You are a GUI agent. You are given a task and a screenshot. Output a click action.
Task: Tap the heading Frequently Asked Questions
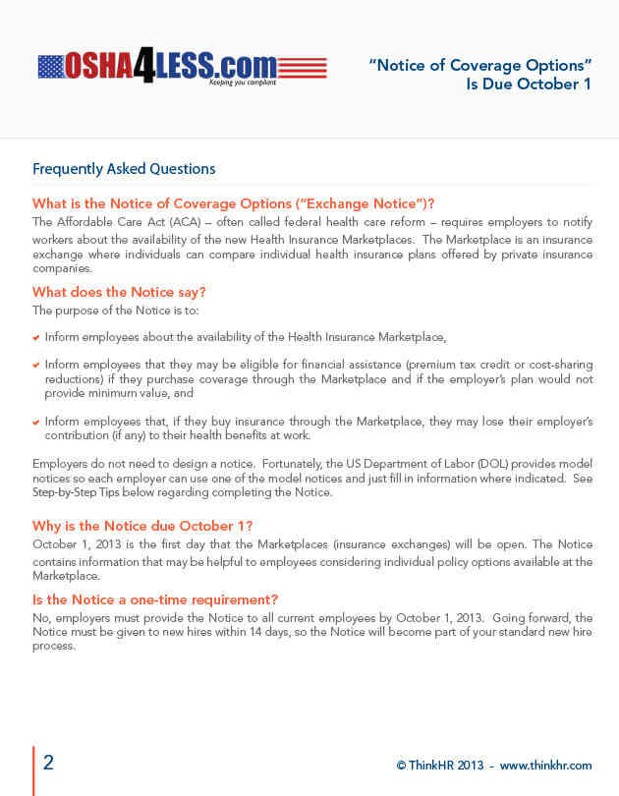pyautogui.click(x=124, y=169)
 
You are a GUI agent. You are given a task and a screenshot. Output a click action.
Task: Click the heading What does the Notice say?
pyautogui.click(x=119, y=292)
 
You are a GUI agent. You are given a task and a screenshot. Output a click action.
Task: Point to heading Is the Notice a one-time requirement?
pyautogui.click(x=155, y=599)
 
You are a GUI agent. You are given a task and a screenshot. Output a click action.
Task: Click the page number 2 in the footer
pyautogui.click(x=48, y=763)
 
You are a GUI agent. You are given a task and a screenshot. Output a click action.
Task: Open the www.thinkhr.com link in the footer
pyautogui.click(x=545, y=766)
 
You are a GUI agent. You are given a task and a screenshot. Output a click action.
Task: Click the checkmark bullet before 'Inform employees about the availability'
pyautogui.click(x=36, y=338)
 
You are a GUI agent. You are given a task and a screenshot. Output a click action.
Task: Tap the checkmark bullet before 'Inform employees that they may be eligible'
pyautogui.click(x=36, y=366)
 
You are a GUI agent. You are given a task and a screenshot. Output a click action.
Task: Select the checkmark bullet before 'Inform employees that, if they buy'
pyautogui.click(x=36, y=423)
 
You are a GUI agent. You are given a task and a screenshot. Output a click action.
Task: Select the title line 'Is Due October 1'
pyautogui.click(x=529, y=85)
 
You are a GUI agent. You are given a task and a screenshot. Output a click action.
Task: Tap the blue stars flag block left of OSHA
pyautogui.click(x=51, y=67)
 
